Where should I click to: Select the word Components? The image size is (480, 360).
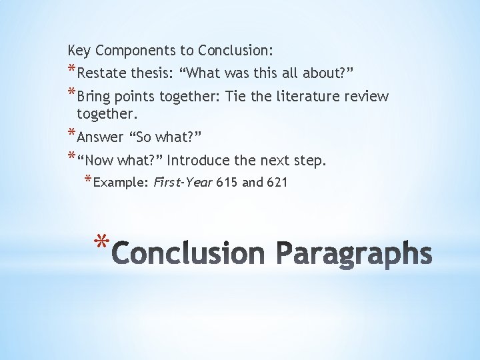click(x=129, y=50)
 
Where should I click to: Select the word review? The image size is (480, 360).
click(x=366, y=97)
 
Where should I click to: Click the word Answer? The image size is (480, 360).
click(x=101, y=137)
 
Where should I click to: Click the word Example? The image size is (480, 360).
click(x=121, y=182)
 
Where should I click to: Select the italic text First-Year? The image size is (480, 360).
click(x=183, y=182)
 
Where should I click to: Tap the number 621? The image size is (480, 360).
click(x=276, y=182)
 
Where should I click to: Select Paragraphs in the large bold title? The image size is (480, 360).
click(x=355, y=255)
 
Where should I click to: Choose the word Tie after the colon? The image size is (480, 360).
click(x=236, y=97)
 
